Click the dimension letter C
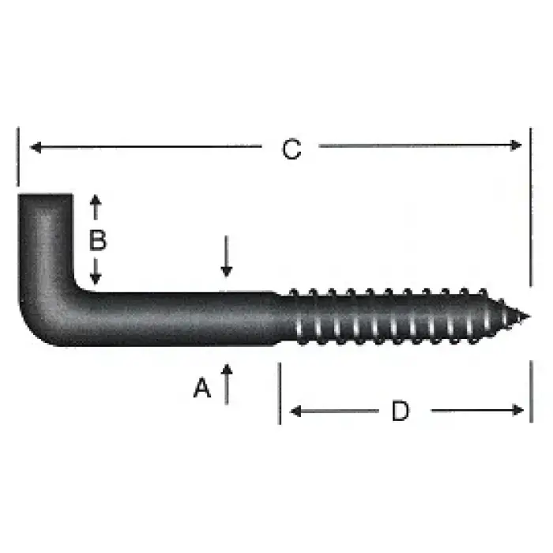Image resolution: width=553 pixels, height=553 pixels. click(292, 149)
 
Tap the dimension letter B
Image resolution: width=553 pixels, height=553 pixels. click(96, 240)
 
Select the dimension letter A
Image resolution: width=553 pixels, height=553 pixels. click(203, 388)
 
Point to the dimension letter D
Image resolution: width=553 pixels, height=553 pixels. click(401, 411)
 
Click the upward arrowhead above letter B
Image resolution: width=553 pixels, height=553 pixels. click(96, 201)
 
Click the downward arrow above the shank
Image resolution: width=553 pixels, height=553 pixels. click(227, 269)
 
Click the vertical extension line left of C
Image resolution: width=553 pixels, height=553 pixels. click(17, 158)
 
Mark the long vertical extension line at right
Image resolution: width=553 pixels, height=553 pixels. click(531, 205)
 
